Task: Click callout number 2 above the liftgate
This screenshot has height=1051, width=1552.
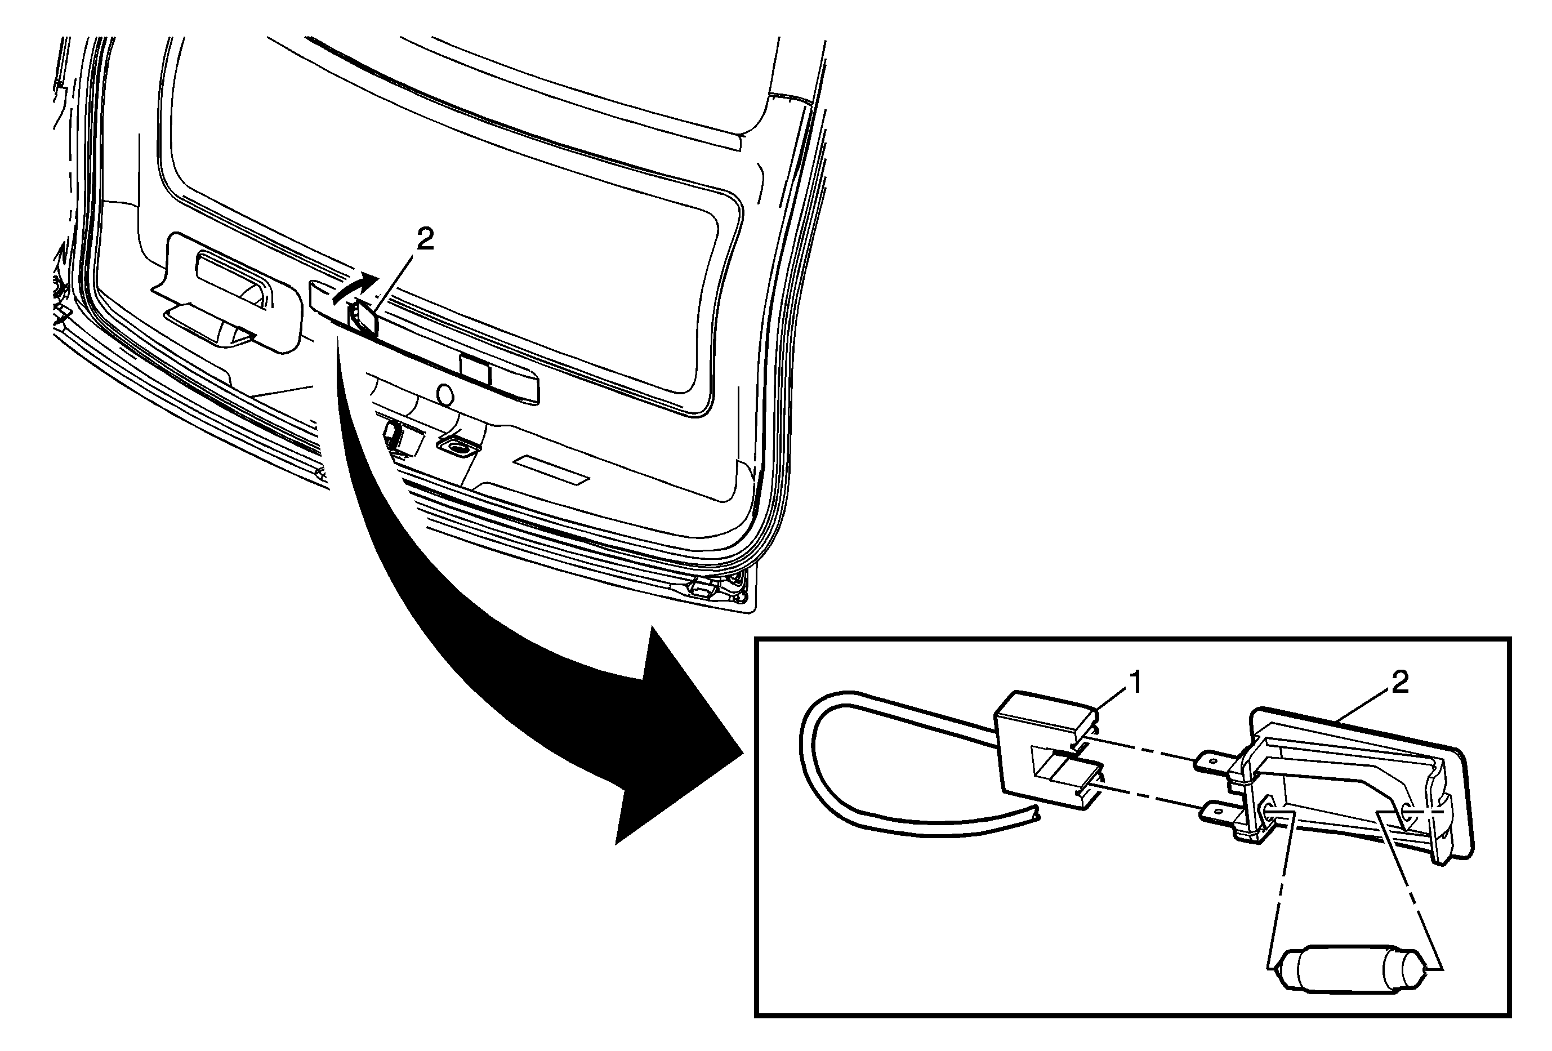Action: pyautogui.click(x=425, y=239)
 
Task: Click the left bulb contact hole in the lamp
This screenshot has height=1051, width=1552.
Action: pyautogui.click(x=1264, y=810)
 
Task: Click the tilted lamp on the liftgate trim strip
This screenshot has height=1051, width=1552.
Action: pyautogui.click(x=363, y=317)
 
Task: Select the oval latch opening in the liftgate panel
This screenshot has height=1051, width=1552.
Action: pyautogui.click(x=456, y=446)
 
